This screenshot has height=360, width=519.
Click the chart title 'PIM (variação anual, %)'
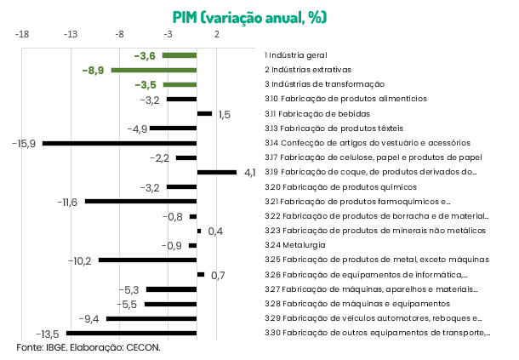[249, 16]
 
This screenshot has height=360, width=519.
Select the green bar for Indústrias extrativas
[154, 70]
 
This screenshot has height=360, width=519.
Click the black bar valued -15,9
[120, 143]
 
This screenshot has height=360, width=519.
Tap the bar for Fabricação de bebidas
[204, 113]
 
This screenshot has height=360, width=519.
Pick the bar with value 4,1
[217, 172]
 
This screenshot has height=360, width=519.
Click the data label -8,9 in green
[93, 70]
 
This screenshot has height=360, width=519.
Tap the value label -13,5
[47, 334]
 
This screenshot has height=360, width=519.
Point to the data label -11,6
[67, 202]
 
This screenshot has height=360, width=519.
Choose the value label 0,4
[214, 231]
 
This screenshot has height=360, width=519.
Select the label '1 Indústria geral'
[295, 54]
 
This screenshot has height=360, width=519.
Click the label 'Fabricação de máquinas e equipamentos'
[348, 304]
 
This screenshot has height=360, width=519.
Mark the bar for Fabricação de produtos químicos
[182, 186]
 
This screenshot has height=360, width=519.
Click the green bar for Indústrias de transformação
[180, 84]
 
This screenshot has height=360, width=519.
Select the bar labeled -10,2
[147, 260]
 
